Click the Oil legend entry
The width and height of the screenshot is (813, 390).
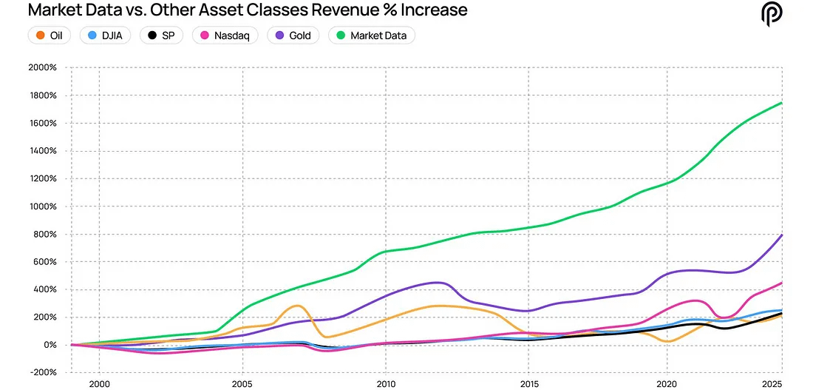click(x=49, y=35)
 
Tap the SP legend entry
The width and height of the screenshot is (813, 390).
click(x=162, y=35)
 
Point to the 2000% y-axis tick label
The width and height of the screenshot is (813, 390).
click(x=43, y=67)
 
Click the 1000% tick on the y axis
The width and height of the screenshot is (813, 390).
click(x=43, y=206)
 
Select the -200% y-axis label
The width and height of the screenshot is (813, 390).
click(x=43, y=373)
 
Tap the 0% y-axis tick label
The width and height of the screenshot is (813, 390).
click(x=49, y=345)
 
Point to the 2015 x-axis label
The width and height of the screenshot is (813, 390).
click(x=528, y=385)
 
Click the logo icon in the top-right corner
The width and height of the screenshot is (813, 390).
click(x=772, y=13)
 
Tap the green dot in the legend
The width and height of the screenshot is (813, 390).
click(x=341, y=35)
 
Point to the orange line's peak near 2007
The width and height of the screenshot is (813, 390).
click(x=297, y=306)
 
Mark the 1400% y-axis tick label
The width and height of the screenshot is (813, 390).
click(x=43, y=151)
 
